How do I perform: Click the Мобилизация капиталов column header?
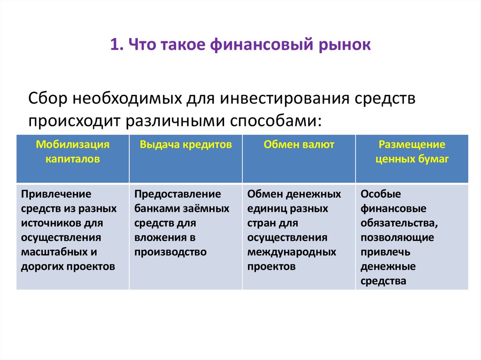(73, 152)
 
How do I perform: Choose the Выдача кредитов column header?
(186, 145)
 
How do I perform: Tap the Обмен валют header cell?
(299, 145)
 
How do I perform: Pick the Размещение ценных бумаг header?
(412, 152)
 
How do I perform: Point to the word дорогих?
(40, 267)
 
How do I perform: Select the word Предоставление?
(178, 194)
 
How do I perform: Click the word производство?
(171, 252)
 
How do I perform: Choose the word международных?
(292, 252)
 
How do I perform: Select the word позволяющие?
(397, 237)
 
